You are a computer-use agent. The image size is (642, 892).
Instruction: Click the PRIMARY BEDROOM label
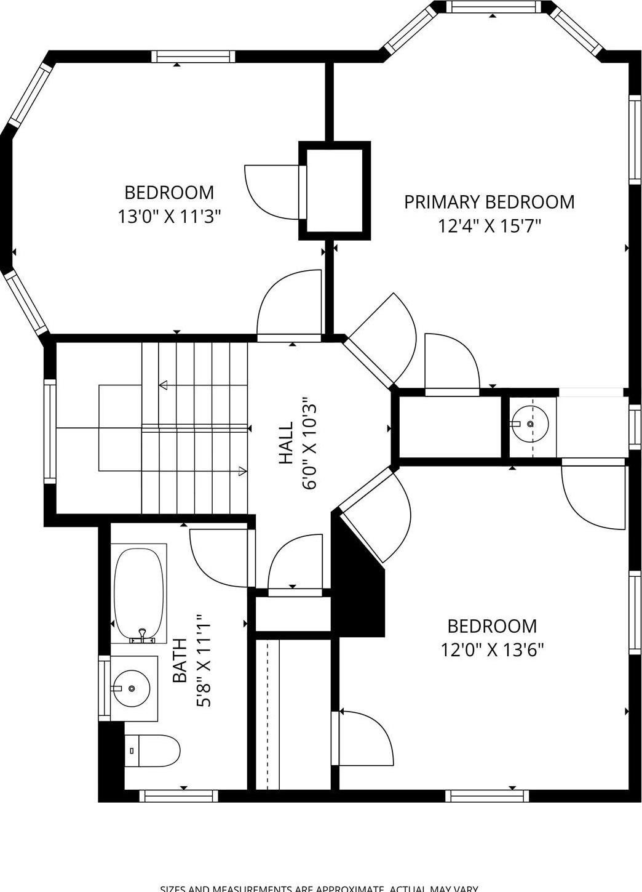click(489, 202)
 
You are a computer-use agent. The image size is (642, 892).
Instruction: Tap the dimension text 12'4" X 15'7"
click(489, 226)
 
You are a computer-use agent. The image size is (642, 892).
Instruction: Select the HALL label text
click(286, 443)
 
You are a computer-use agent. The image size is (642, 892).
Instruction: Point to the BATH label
click(180, 661)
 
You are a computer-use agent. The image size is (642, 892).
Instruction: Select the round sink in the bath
click(131, 688)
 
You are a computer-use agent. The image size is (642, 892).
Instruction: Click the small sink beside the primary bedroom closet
click(530, 424)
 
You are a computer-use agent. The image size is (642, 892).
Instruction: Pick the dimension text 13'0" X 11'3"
click(169, 217)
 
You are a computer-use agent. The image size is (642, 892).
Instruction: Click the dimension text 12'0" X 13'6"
click(492, 650)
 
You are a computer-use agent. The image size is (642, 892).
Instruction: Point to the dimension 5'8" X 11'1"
click(204, 661)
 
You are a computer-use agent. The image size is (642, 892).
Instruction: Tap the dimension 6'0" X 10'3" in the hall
click(309, 443)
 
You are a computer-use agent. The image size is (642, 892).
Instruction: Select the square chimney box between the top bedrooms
click(335, 191)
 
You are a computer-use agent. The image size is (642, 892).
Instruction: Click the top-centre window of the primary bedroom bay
click(492, 7)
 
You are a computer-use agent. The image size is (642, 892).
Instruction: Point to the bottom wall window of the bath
click(178, 796)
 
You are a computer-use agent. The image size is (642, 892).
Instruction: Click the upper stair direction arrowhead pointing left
click(164, 385)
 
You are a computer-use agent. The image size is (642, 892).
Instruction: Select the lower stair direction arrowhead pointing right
click(242, 472)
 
